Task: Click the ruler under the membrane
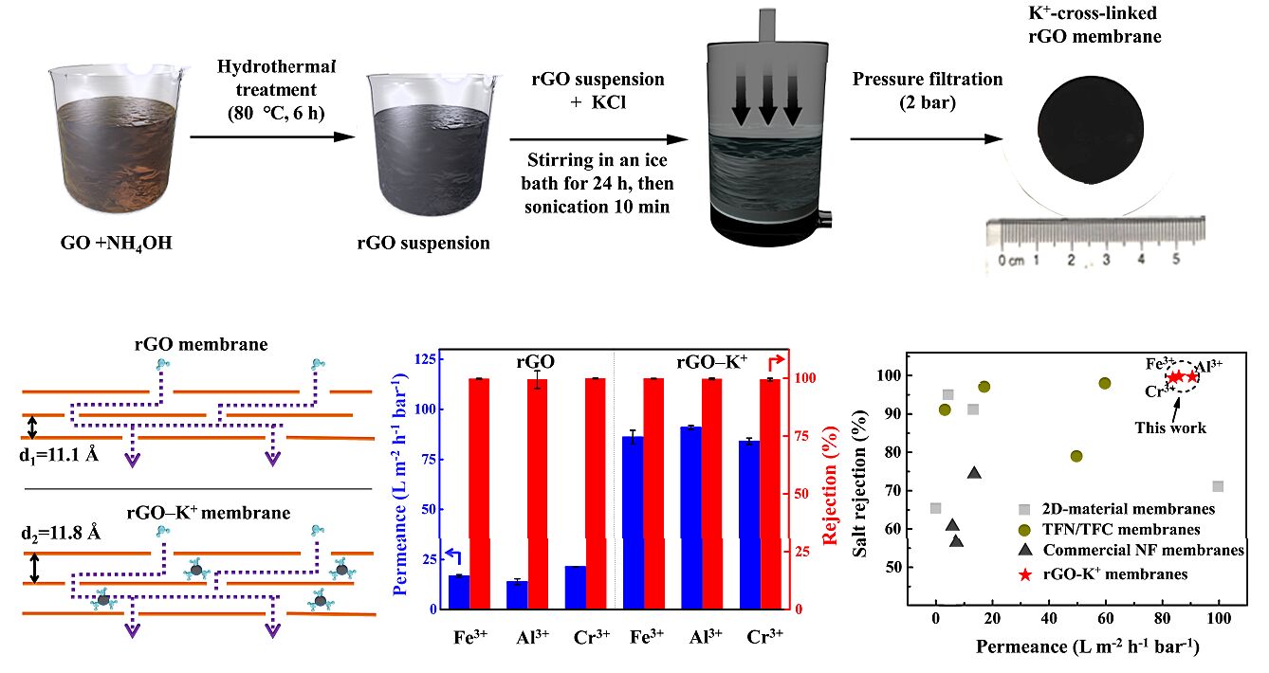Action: pos(1082,247)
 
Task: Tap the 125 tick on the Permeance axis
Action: pos(422,359)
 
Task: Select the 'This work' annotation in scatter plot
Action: pos(1170,427)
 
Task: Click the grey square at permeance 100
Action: pos(1218,486)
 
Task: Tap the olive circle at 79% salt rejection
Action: pos(1076,456)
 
